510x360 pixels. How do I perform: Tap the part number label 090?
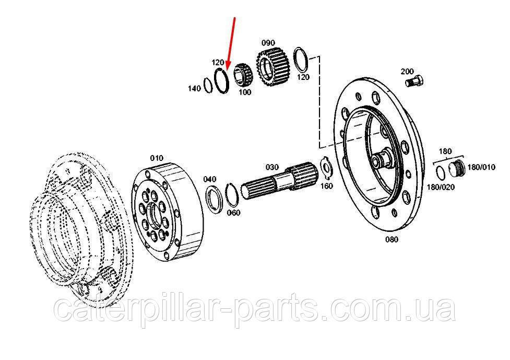coord(268,43)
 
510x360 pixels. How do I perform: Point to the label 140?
coord(194,88)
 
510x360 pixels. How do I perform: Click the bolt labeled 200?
coord(414,80)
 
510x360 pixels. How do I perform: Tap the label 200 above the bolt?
coord(407,71)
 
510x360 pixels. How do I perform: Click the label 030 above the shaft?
coord(272,167)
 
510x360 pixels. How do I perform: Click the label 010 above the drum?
coord(157,158)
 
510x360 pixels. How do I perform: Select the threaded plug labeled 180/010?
coord(456,169)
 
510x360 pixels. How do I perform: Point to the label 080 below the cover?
coord(392,240)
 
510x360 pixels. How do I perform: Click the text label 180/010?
coord(481,167)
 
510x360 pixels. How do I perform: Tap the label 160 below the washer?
coord(327,186)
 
